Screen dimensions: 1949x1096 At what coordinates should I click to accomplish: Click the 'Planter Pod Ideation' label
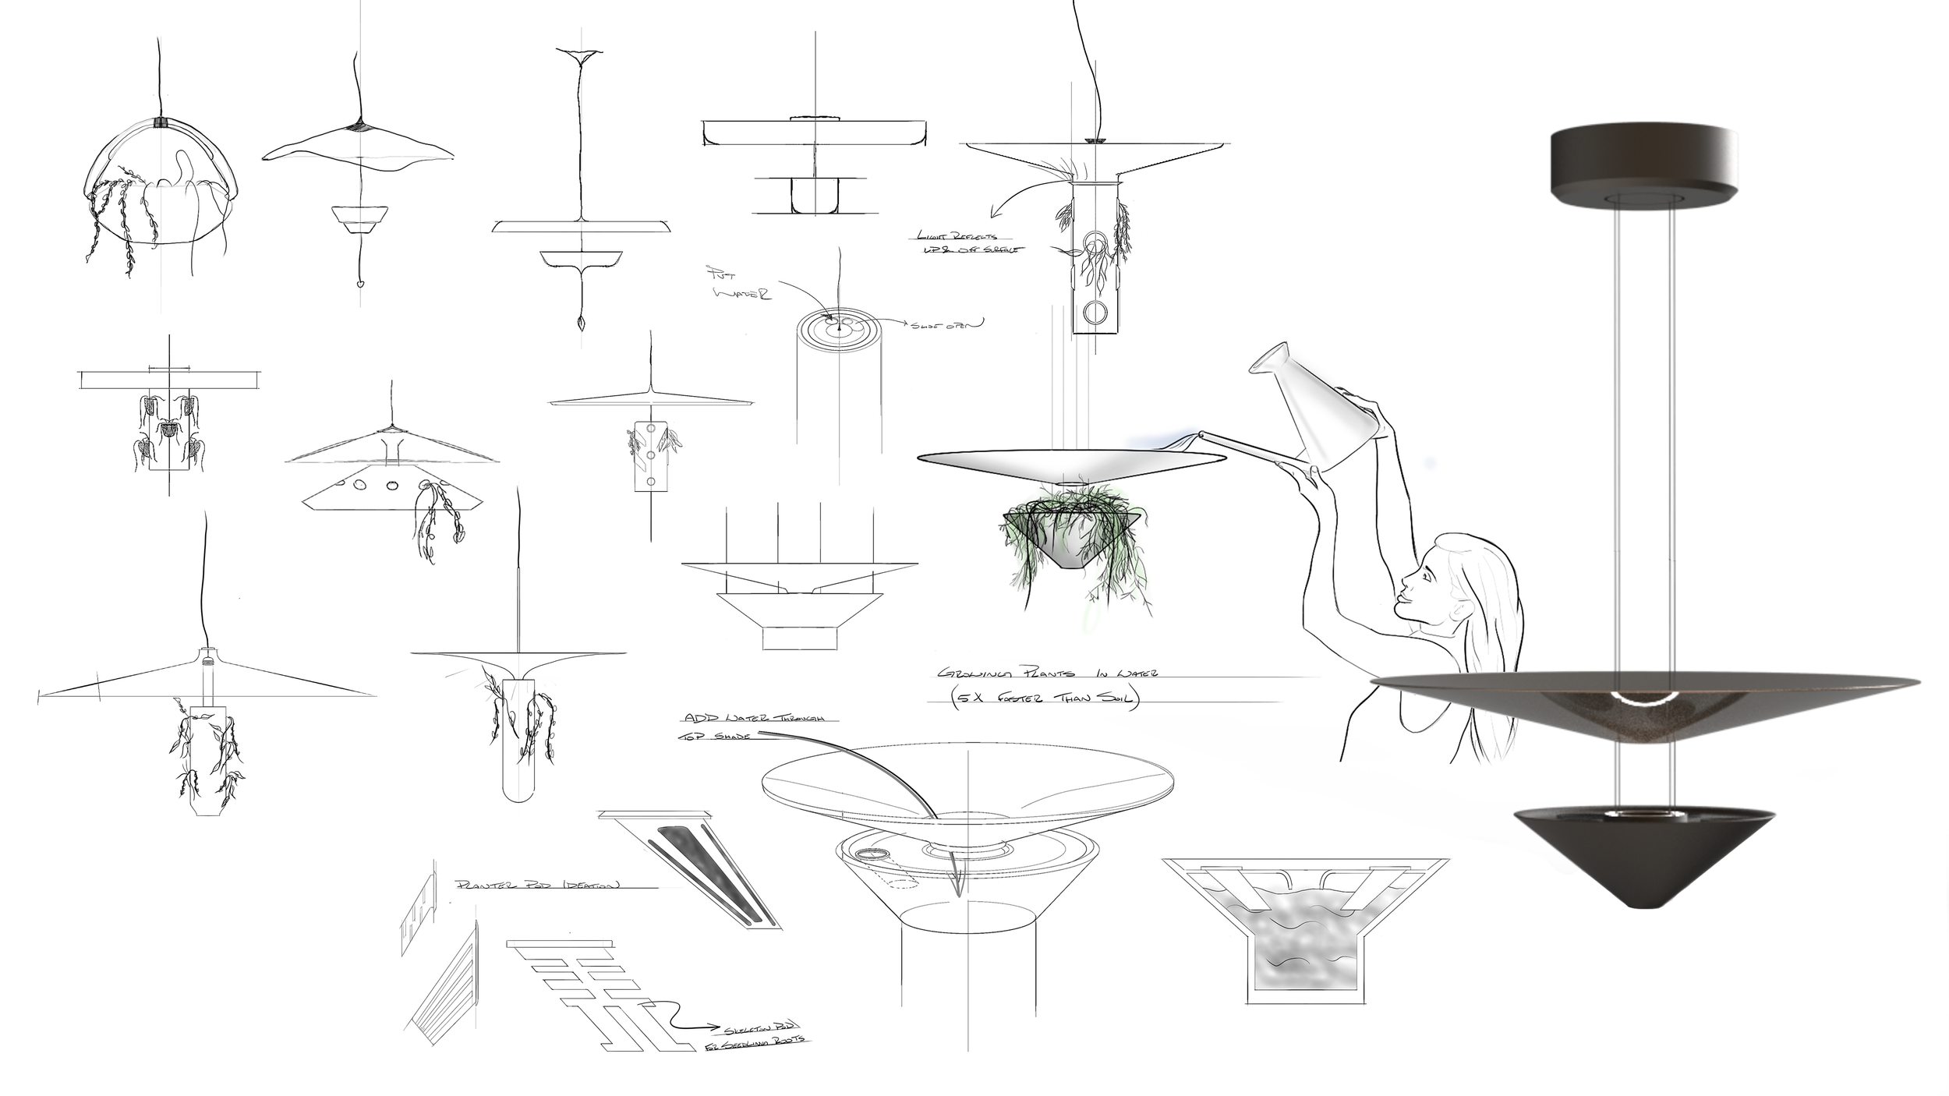538,886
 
